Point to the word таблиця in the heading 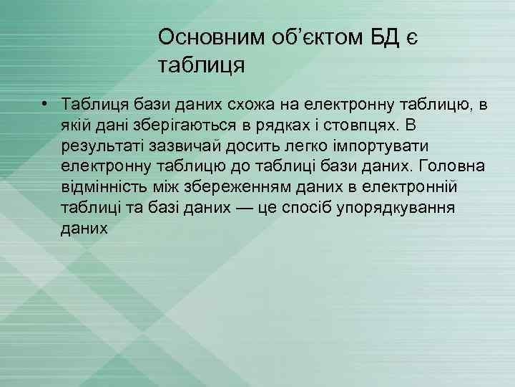(x=202, y=67)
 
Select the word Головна (x=453, y=167)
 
